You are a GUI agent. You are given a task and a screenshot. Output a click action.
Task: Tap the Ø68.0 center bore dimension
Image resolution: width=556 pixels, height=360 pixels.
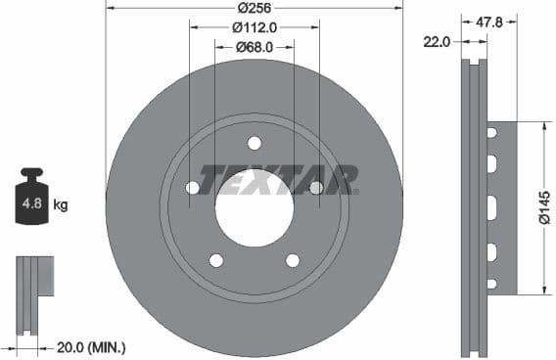255,47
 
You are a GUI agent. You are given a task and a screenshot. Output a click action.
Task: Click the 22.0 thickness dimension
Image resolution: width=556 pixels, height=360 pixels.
437,42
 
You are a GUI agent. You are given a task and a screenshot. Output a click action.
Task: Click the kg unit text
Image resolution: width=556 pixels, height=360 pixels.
61,204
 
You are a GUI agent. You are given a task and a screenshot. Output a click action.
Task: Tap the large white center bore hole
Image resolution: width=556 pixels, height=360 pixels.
255,207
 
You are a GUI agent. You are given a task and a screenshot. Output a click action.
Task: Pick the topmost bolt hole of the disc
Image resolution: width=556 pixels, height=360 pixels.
255,143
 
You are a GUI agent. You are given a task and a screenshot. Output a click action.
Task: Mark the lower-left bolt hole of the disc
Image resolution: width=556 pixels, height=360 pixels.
216,260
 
